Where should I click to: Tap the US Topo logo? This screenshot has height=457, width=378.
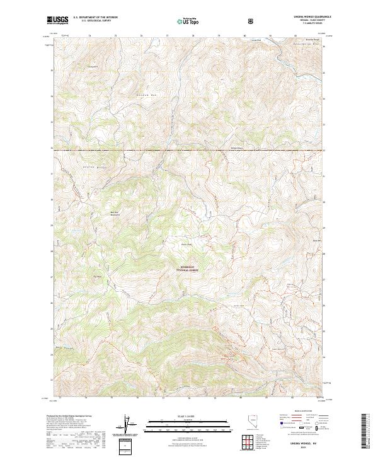183,20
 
